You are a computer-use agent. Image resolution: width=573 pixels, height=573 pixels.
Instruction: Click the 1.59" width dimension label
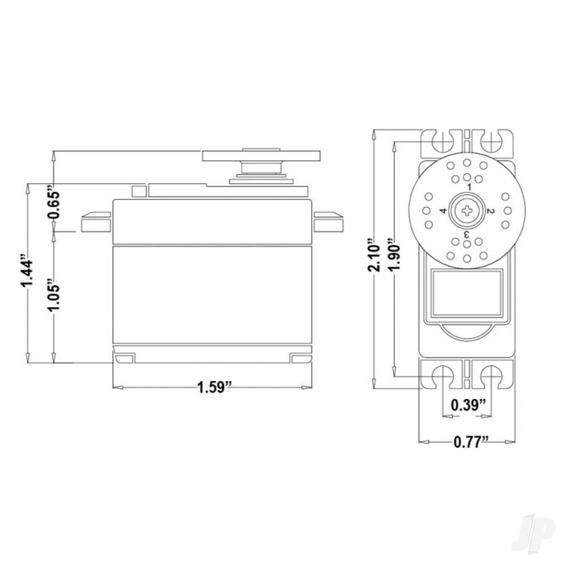coord(214,387)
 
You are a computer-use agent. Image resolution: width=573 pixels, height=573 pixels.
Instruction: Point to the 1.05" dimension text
coord(53,296)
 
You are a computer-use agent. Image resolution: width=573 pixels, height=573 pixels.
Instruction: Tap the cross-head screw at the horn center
coord(467,211)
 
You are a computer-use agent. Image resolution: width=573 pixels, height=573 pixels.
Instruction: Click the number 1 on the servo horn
coord(469,187)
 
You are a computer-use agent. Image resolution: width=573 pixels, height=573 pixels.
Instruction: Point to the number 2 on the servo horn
coord(489,211)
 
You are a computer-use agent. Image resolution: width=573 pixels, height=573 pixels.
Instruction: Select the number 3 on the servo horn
coord(466,234)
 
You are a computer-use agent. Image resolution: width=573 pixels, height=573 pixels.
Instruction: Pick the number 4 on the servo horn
coord(444,211)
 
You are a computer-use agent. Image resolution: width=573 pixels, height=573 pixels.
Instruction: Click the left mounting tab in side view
coord(95,222)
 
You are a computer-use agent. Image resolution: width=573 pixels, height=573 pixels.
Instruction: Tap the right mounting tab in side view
coord(328,222)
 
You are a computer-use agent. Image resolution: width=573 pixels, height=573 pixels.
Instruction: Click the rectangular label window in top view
coord(467,293)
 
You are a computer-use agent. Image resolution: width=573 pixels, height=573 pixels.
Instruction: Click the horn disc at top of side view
coord(261,155)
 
